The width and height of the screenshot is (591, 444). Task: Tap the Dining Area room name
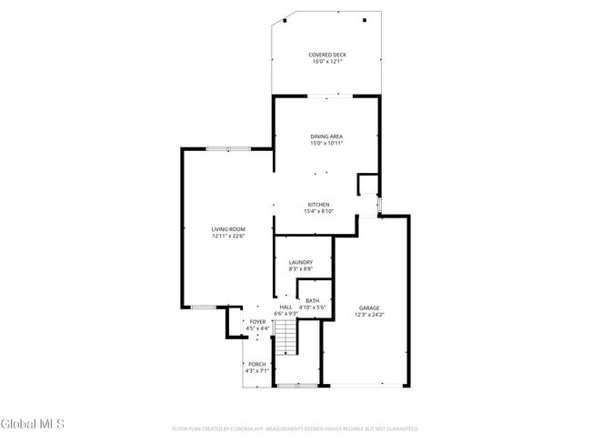coord(326,136)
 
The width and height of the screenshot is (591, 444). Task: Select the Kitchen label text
coord(318,204)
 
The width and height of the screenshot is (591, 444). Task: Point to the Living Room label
coord(229,229)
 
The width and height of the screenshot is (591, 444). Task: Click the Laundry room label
coord(301,262)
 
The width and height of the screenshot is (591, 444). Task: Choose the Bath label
coord(313,300)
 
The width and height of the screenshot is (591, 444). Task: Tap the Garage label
coord(369,308)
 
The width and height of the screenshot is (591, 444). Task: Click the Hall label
coord(285,307)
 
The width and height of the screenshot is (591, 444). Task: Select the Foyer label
coord(258,321)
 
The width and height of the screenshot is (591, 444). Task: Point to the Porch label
coord(257,364)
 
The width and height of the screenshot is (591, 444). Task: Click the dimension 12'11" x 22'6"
coord(229,236)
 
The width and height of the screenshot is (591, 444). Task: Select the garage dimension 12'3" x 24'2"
coord(369,315)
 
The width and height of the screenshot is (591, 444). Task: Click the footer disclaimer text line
coord(295,428)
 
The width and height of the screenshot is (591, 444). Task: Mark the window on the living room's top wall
coord(227,148)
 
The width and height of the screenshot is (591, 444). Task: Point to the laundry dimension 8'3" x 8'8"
coord(301,268)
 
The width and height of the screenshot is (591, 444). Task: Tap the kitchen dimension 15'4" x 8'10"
coord(318,211)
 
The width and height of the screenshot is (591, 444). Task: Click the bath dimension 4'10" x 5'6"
coord(313,308)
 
